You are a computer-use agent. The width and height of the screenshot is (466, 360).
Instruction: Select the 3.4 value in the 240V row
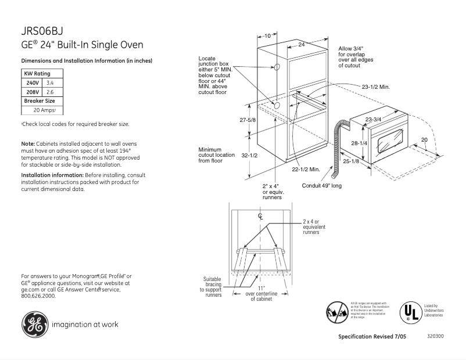tap(49, 84)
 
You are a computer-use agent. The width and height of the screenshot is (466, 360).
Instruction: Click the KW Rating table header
tap(37, 74)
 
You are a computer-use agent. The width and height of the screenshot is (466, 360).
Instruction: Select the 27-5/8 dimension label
tap(248, 120)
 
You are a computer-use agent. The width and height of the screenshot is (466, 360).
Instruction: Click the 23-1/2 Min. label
tap(375, 87)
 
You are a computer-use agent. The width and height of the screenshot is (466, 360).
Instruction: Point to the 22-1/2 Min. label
tap(306, 169)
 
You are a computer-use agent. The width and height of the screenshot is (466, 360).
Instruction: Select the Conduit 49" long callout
tap(322, 186)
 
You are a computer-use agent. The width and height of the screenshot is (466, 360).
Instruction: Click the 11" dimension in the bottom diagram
tap(261, 288)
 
